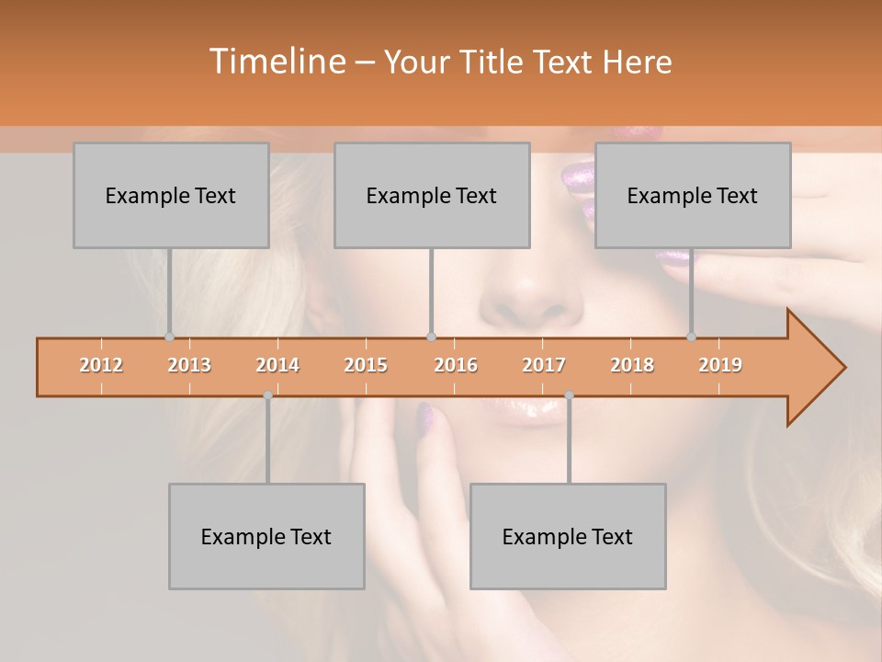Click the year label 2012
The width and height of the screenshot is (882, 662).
coord(101,365)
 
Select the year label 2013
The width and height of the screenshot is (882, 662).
coord(189,365)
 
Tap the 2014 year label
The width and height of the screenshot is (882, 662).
coord(277,365)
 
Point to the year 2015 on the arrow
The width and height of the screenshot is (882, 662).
coord(366,365)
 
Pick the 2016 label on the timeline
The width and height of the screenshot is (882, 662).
coord(456,365)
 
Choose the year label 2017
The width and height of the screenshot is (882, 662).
coord(544,365)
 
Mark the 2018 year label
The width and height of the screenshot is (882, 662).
coord(632,365)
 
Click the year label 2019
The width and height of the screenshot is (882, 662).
coord(720,365)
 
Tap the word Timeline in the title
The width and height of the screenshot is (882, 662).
coord(275,62)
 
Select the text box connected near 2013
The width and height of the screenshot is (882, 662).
coord(171,195)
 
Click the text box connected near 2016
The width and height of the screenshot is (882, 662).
coord(432,195)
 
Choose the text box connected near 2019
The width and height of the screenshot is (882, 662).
coord(693,195)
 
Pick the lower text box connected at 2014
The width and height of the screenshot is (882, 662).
coord(266,536)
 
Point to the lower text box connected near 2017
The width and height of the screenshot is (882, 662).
coord(568,536)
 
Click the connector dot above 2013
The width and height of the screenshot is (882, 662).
coord(169,337)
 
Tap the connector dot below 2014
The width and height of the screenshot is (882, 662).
coord(267,395)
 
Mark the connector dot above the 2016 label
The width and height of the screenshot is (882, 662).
coord(431,337)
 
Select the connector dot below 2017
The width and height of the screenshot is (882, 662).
coord(569,395)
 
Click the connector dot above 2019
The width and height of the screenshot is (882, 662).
coord(691,337)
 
